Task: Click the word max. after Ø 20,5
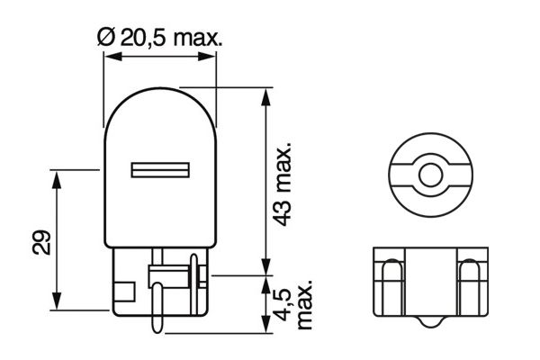[194, 37]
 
